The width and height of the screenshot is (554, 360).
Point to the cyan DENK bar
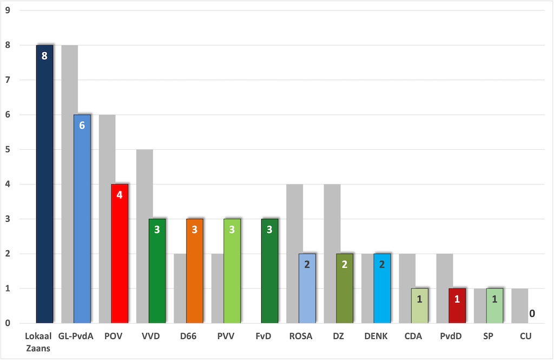point(382,292)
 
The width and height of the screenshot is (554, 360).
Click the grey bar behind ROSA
point(294,216)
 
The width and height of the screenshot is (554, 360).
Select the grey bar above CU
point(520,306)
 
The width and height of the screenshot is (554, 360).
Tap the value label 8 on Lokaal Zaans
point(44,56)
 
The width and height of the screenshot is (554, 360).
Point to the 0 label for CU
point(532,314)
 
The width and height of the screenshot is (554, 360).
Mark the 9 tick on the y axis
point(8,10)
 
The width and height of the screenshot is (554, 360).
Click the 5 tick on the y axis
point(8,150)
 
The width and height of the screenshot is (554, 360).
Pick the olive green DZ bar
point(345,292)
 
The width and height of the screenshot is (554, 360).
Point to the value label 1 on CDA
point(419,299)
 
